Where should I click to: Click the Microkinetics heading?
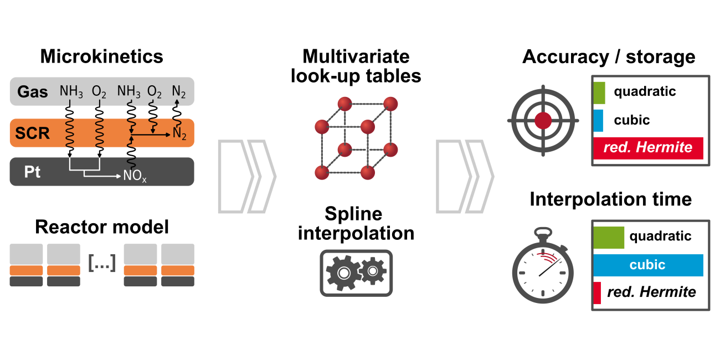pyautogui.click(x=102, y=56)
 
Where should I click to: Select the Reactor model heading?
pyautogui.click(x=102, y=227)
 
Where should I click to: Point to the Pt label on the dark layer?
pyautogui.click(x=32, y=172)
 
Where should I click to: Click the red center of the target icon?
pyautogui.click(x=543, y=120)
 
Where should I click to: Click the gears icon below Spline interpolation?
pyautogui.click(x=356, y=272)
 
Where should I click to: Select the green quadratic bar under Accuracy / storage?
pyautogui.click(x=599, y=92)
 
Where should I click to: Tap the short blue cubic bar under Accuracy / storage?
pyautogui.click(x=598, y=120)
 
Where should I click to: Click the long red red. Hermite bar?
pyautogui.click(x=648, y=148)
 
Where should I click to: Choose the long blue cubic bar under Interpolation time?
pyautogui.click(x=648, y=265)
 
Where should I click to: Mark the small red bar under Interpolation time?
pyautogui.click(x=596, y=292)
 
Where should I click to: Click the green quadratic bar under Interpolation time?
pyautogui.click(x=608, y=237)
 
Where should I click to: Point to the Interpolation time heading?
pyautogui.click(x=611, y=199)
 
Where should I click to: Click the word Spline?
pyautogui.click(x=354, y=214)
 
